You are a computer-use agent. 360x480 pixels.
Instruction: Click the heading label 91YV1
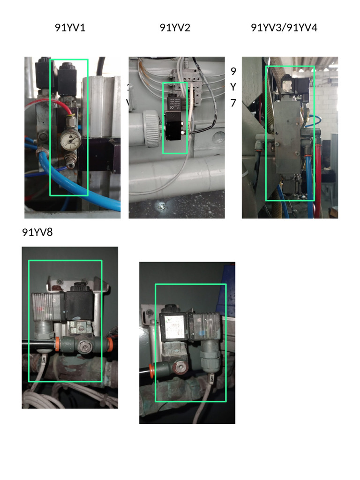70,28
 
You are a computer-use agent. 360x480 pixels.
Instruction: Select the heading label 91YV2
175,28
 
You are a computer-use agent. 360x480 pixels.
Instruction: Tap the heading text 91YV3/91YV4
284,28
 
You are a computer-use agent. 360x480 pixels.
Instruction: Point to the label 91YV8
37,232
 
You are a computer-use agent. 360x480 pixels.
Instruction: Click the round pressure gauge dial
70,139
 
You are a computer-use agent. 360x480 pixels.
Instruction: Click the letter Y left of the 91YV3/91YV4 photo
233,87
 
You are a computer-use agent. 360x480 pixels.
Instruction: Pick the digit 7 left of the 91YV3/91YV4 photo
233,103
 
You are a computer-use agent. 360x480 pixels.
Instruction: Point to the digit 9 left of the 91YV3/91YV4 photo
233,71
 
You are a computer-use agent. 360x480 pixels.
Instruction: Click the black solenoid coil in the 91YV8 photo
80,305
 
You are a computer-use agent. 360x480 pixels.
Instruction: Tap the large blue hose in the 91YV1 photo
94,199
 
